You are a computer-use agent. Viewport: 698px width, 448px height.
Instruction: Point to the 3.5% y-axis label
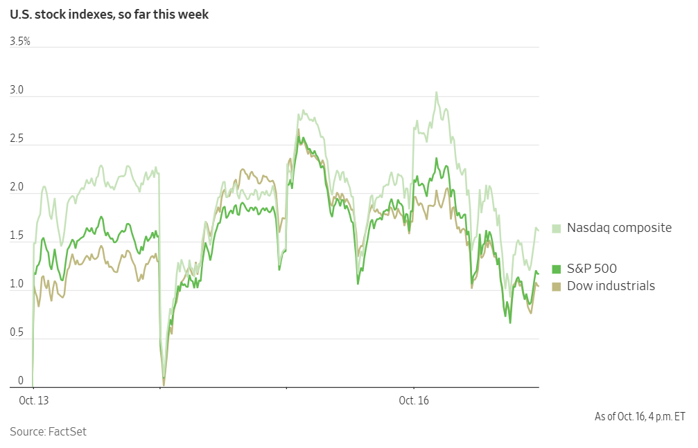point(20,42)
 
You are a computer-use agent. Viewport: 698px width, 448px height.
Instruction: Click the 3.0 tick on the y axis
point(17,90)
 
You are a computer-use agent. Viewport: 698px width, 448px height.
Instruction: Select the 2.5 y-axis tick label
point(17,139)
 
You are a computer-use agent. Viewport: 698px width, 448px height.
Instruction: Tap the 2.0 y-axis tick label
point(17,188)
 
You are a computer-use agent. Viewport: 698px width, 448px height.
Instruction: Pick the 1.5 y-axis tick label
point(17,236)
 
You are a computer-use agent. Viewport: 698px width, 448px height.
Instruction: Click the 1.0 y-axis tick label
point(17,285)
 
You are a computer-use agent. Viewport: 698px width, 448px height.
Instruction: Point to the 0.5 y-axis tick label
point(17,333)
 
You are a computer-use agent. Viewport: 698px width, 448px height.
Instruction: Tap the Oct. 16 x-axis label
point(414,400)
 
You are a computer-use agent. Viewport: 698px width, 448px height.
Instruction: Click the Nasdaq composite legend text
point(619,228)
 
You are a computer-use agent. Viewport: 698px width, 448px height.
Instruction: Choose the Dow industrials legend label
point(611,286)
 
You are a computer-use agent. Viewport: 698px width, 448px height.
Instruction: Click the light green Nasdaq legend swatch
point(556,228)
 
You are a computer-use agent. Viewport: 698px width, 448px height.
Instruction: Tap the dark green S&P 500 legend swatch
point(556,269)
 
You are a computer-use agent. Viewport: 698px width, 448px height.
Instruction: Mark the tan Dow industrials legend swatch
point(556,286)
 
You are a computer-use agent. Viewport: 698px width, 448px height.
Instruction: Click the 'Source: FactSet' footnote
point(48,431)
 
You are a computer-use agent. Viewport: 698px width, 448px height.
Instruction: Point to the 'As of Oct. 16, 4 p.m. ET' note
point(639,416)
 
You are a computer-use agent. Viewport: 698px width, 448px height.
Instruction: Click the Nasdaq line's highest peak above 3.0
point(436,92)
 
